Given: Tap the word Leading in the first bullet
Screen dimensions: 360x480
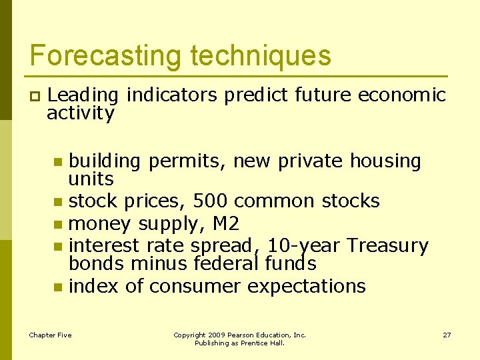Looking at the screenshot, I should coord(83,95).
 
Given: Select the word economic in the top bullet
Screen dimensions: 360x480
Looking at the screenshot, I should coord(402,95).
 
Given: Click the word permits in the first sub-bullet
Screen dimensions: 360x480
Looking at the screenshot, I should coord(187,161).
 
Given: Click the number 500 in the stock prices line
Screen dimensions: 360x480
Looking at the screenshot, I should coord(211,201).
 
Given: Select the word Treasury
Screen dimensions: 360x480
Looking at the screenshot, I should coord(387,245).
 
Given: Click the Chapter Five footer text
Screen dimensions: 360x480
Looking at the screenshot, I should coord(50,335).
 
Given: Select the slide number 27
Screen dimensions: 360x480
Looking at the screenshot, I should coord(447,335).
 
